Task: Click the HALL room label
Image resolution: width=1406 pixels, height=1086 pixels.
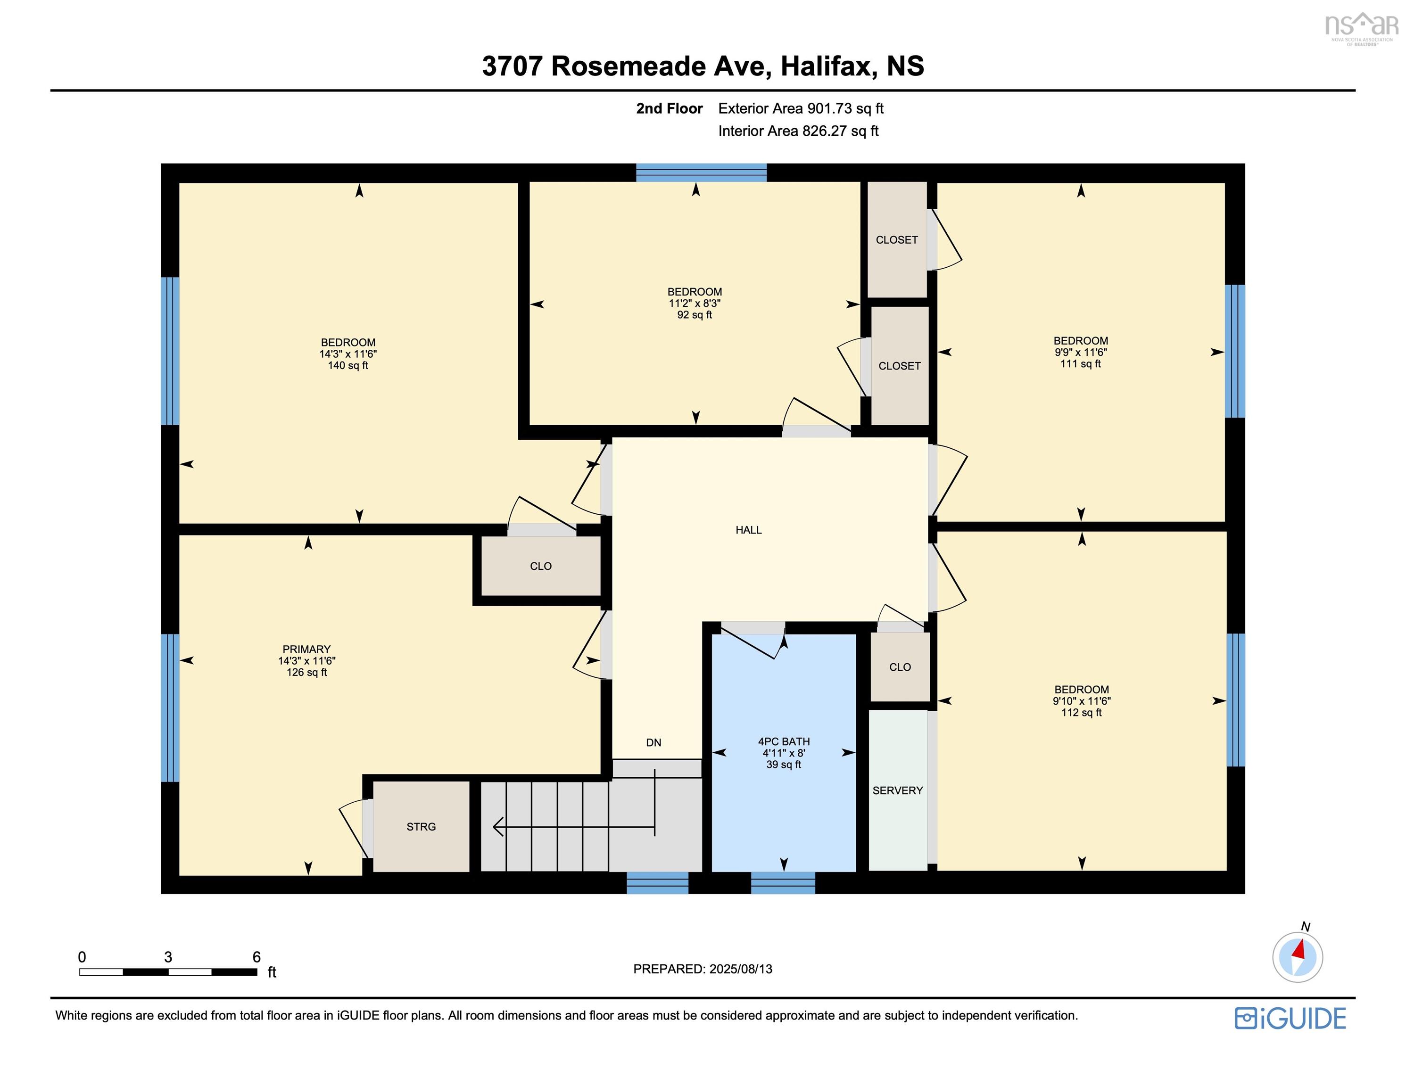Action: [749, 530]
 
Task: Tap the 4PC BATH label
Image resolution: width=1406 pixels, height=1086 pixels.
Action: [784, 741]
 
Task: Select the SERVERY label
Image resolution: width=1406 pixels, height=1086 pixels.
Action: [897, 790]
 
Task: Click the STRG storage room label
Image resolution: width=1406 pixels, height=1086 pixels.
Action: [421, 827]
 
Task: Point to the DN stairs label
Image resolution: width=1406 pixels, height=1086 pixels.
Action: [653, 743]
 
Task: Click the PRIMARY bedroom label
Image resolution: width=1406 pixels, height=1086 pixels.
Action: [306, 649]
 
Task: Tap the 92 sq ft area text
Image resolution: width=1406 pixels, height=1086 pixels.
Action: [695, 315]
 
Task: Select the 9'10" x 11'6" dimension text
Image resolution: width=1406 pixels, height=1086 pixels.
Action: [1082, 701]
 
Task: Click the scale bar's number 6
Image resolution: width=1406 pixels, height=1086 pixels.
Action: [256, 957]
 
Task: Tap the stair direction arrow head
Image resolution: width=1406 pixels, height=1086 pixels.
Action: [497, 827]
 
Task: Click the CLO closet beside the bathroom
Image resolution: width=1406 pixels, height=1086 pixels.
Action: [899, 667]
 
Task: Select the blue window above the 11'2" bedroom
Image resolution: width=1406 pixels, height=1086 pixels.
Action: [701, 173]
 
